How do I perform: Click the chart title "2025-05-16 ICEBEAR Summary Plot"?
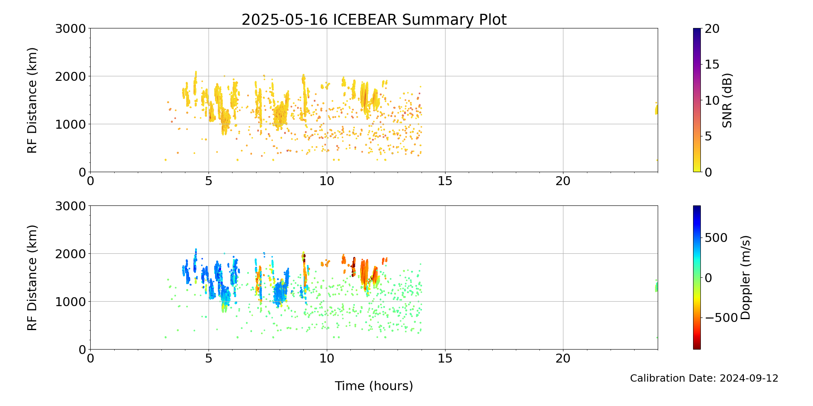pyautogui.click(x=374, y=19)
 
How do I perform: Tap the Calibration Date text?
pyautogui.click(x=704, y=378)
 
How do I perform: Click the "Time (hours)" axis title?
pyautogui.click(x=374, y=386)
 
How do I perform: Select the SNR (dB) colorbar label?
pyautogui.click(x=727, y=100)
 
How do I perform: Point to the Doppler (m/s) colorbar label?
pyautogui.click(x=745, y=277)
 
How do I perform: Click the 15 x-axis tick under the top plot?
pyautogui.click(x=445, y=181)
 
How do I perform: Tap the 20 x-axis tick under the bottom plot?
pyautogui.click(x=563, y=358)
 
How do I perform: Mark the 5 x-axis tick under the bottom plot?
pyautogui.click(x=209, y=358)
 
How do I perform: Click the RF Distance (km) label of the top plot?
pyautogui.click(x=32, y=100)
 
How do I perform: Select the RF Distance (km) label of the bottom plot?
pyautogui.click(x=32, y=278)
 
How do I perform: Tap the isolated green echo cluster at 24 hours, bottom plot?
pyautogui.click(x=656, y=286)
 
